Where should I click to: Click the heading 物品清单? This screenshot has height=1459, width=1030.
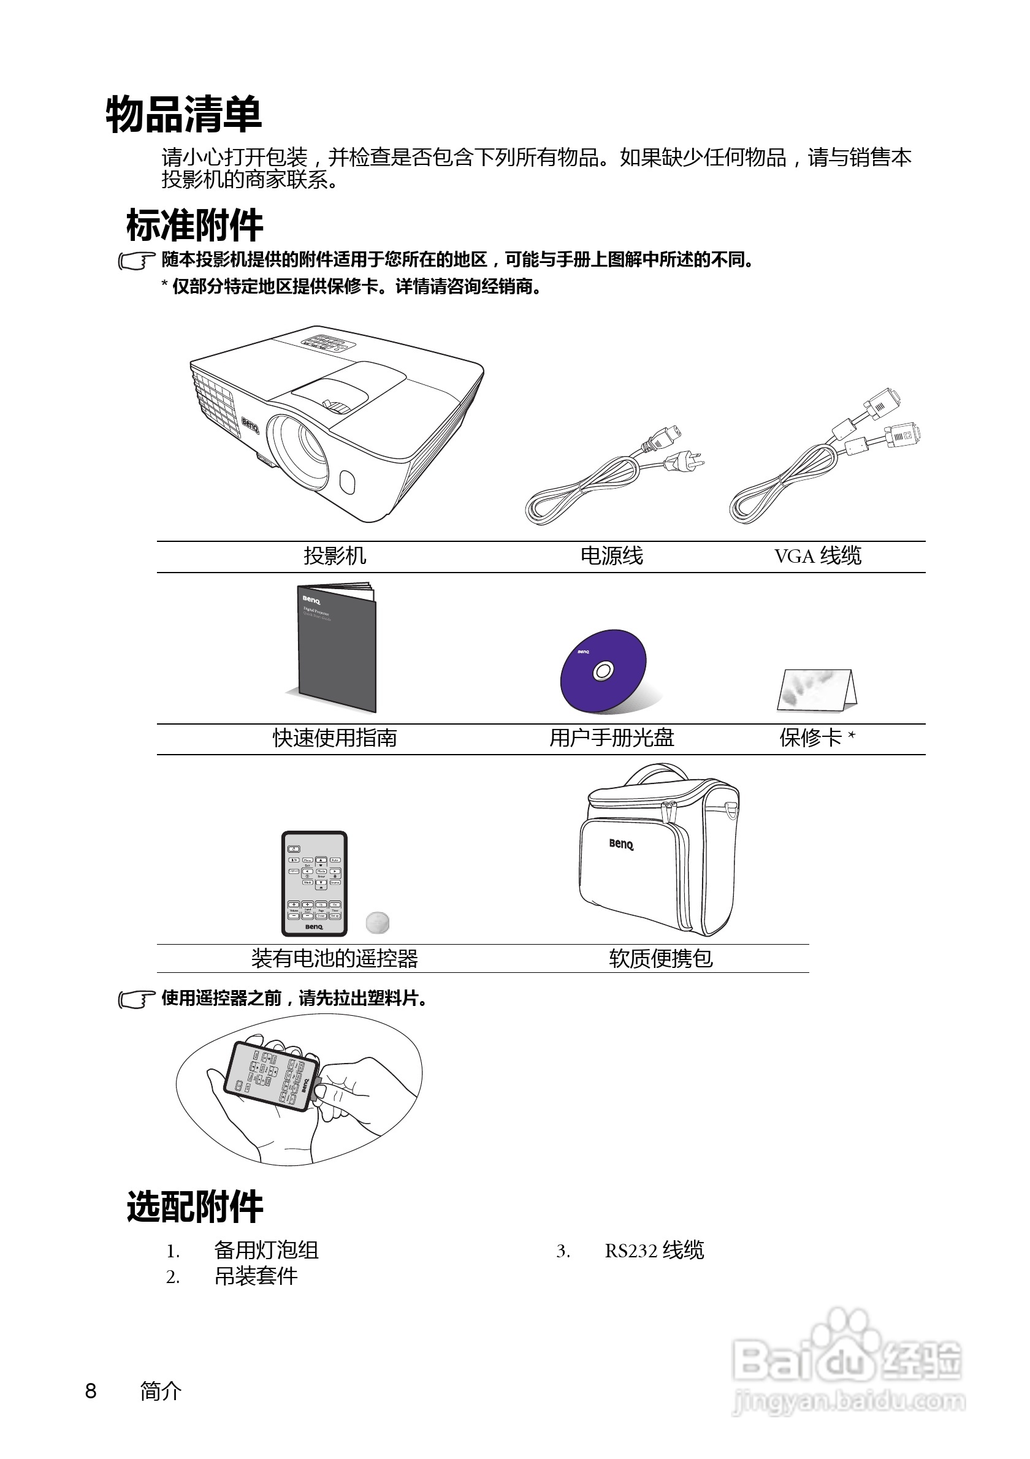click(184, 115)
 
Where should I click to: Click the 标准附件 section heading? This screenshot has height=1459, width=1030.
click(194, 226)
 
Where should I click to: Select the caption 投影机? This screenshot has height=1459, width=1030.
click(335, 556)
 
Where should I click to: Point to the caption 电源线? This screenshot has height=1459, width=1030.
click(611, 556)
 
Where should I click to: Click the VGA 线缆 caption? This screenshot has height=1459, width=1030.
click(818, 556)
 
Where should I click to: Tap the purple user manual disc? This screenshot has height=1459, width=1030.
click(603, 671)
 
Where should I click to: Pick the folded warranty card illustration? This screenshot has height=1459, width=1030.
click(817, 690)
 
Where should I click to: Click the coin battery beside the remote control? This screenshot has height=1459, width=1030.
click(378, 922)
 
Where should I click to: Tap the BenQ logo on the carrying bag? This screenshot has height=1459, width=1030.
click(621, 844)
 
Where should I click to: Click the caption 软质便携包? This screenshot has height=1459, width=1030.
click(661, 958)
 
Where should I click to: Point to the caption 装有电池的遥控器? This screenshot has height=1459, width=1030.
click(335, 958)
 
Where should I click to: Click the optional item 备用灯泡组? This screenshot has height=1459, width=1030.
click(266, 1251)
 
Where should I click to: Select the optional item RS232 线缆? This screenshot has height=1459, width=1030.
click(654, 1251)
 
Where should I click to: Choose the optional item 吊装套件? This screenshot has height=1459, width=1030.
click(256, 1276)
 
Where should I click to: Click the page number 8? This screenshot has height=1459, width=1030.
click(91, 1391)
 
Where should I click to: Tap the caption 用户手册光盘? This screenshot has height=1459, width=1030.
click(611, 737)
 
